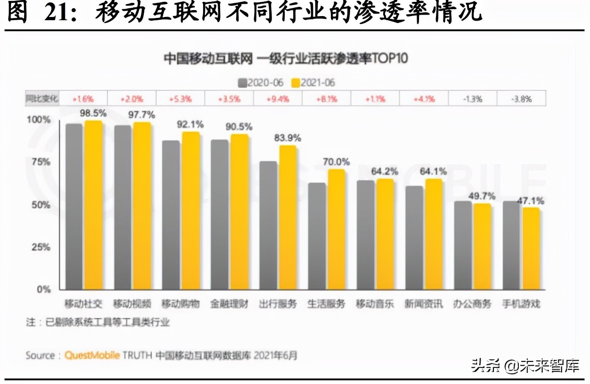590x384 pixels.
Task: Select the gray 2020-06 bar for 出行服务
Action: (x=268, y=225)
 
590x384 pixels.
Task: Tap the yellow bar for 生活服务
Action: (x=336, y=229)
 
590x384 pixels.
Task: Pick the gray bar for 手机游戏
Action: (x=512, y=245)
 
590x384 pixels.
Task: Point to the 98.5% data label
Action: (x=93, y=113)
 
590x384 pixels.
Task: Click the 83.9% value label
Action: (x=288, y=137)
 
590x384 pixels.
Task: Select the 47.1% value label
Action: (x=531, y=200)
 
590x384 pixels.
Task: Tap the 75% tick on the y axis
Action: (x=41, y=162)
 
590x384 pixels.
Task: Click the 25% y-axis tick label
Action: (x=41, y=247)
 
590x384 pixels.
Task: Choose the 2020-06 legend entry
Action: (x=261, y=83)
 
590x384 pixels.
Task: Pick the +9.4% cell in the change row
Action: (x=278, y=98)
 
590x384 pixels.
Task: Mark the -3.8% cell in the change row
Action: (x=522, y=98)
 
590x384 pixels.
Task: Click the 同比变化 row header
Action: (x=42, y=98)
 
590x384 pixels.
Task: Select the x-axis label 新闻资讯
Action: (x=424, y=304)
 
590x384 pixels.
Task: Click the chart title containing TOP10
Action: (x=286, y=59)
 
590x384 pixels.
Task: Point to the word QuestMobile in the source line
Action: (x=92, y=355)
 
